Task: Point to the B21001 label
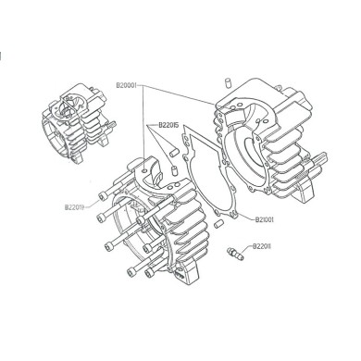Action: tap(268, 220)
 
